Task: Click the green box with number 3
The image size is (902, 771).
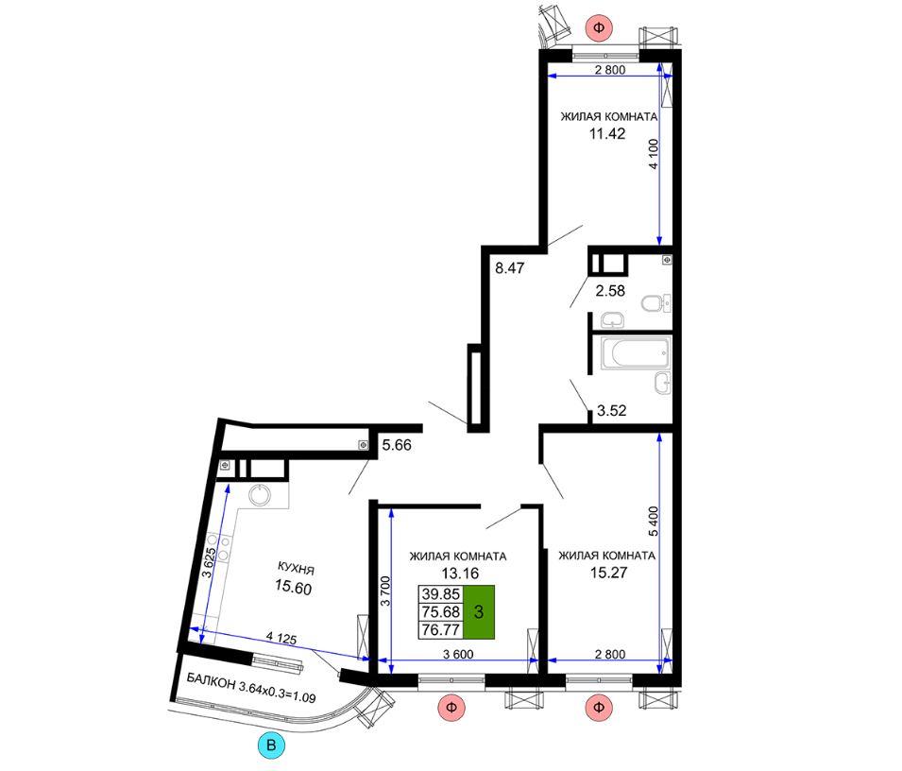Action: [x=479, y=612]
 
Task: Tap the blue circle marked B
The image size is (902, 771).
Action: [x=271, y=745]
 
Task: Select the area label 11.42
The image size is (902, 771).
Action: [x=607, y=134]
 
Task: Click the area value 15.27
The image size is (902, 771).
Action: [x=608, y=574]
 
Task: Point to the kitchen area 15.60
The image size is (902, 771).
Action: [x=294, y=588]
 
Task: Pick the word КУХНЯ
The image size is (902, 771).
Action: [x=296, y=569]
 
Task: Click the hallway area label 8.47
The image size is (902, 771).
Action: [x=510, y=267]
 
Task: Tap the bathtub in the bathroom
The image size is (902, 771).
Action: [x=635, y=353]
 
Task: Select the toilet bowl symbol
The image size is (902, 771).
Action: [x=655, y=302]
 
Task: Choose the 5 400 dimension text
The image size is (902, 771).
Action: [x=653, y=522]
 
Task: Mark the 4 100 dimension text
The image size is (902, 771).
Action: [x=653, y=154]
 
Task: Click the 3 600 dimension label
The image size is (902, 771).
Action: [x=458, y=654]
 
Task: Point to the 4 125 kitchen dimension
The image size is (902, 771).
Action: [x=281, y=638]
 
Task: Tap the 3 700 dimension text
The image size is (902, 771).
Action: [x=385, y=591]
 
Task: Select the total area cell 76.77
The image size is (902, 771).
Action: [x=441, y=630]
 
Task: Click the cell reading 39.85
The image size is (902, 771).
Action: [x=441, y=594]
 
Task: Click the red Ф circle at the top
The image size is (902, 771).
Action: [x=599, y=27]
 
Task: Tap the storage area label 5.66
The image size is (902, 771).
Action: [x=397, y=445]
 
